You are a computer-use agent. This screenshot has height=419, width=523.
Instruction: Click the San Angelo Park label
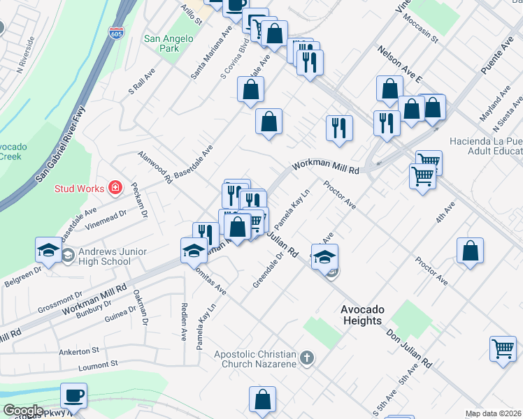point(161,44)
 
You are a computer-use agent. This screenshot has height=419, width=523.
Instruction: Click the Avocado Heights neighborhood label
point(361,315)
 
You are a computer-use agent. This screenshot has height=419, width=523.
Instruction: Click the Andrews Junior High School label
point(103,256)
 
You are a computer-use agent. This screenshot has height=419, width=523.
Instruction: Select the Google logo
point(22,411)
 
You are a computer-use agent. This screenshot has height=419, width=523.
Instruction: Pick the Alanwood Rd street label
point(155,167)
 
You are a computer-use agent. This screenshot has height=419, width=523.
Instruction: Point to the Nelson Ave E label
point(400,64)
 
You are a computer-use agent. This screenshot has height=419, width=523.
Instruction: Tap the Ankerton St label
point(80,351)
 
